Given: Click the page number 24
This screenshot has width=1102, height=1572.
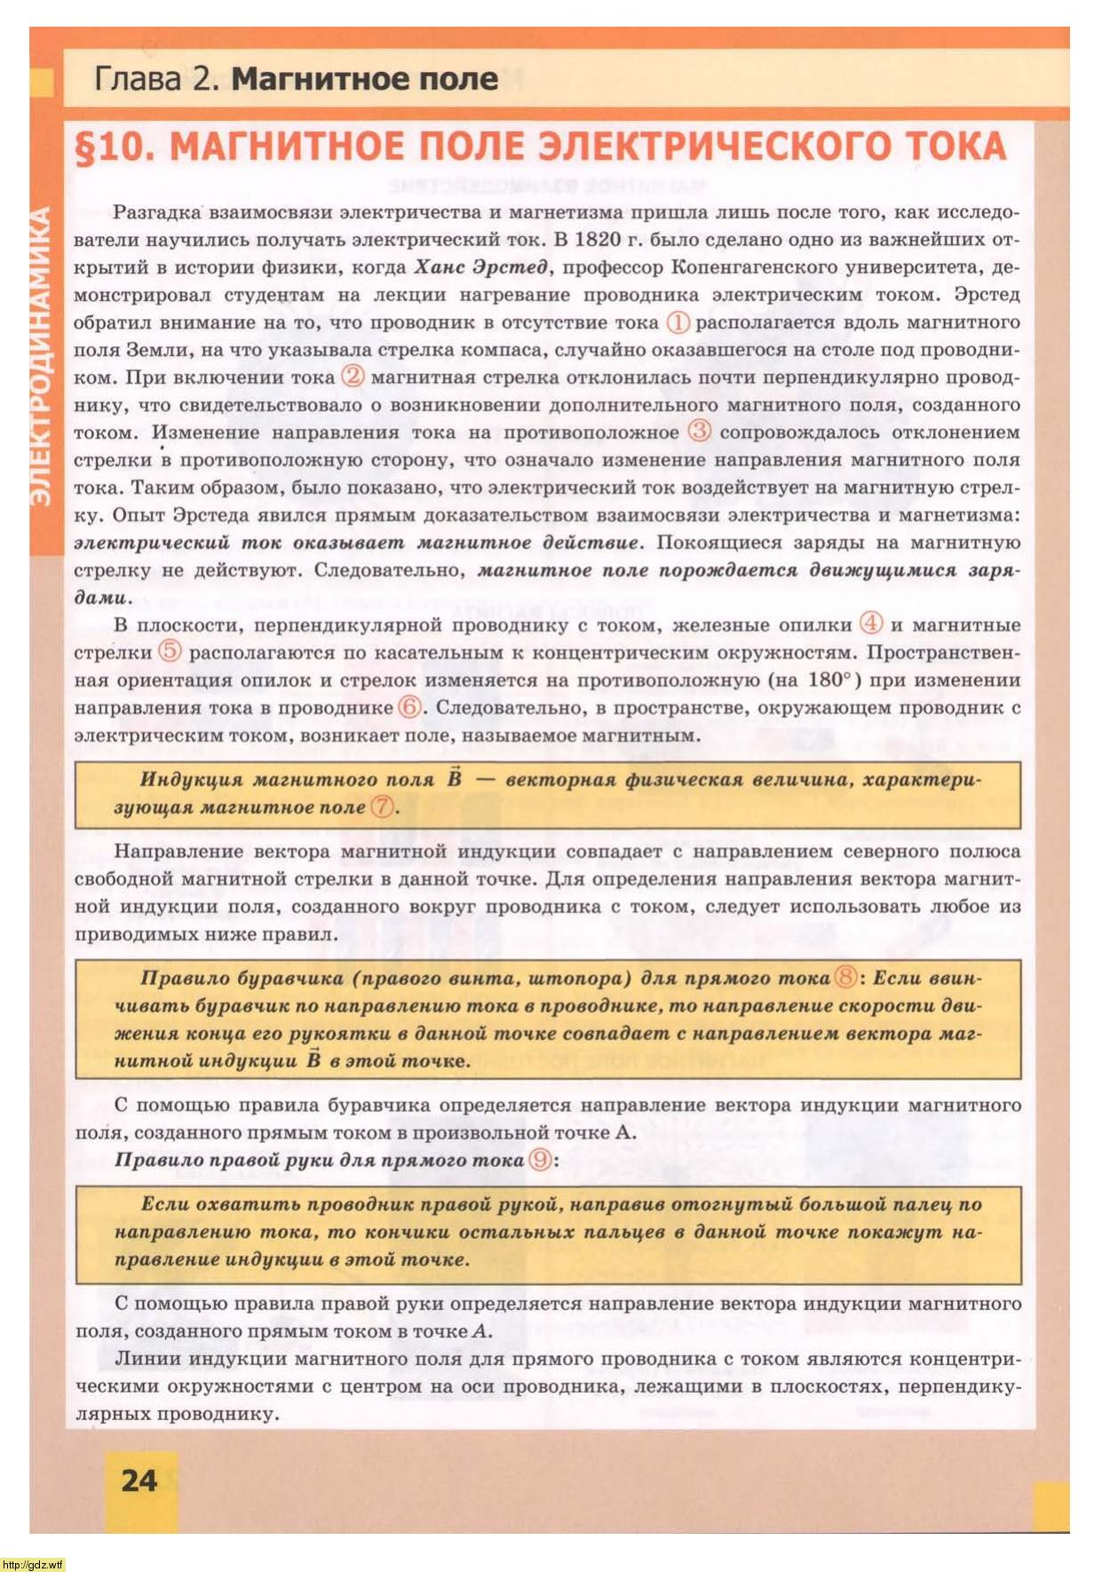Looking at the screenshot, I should click(x=139, y=1481).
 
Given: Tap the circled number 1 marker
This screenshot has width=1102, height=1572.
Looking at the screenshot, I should click(x=678, y=322).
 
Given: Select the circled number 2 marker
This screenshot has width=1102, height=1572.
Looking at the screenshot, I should click(x=353, y=376).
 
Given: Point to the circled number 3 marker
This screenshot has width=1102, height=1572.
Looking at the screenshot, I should click(x=700, y=432).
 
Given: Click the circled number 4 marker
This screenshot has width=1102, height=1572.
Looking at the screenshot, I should click(x=872, y=623).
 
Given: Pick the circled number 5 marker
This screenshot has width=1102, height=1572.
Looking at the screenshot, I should click(x=170, y=651).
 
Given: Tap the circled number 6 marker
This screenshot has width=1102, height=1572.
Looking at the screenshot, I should click(x=409, y=708).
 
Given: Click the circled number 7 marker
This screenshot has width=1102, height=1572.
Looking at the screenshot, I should click(x=382, y=807).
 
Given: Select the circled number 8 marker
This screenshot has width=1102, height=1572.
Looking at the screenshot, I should click(x=846, y=978).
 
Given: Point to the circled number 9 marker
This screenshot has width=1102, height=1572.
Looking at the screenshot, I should click(x=539, y=1160).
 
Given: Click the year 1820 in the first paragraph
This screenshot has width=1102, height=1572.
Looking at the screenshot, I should click(x=598, y=239).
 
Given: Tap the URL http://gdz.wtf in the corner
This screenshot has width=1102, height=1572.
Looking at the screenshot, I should click(x=33, y=1564).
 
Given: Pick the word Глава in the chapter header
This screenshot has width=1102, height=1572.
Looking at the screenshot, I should click(x=137, y=79).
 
